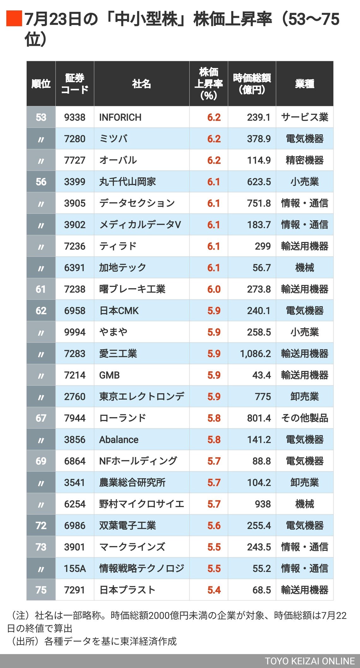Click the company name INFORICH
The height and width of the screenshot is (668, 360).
120,117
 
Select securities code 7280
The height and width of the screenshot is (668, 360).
75,139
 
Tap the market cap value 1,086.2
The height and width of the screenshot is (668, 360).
255,354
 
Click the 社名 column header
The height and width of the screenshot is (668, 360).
141,84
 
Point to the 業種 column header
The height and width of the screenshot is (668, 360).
304,84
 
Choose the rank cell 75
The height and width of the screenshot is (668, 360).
41,590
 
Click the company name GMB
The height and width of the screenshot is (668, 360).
109,375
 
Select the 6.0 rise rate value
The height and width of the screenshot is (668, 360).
214,289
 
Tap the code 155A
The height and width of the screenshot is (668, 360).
75,568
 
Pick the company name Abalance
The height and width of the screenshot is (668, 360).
119,440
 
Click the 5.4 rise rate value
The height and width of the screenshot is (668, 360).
214,590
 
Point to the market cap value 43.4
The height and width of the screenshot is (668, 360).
261,375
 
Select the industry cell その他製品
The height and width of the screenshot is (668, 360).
304,418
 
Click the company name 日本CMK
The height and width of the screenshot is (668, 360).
119,311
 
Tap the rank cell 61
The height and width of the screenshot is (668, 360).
41,289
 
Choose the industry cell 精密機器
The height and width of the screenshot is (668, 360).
304,160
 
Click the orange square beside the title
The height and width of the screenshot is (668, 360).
14,18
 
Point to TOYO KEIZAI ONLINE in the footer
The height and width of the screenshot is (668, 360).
309,661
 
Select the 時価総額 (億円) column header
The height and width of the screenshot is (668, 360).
252,84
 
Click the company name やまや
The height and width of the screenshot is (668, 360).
113,332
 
